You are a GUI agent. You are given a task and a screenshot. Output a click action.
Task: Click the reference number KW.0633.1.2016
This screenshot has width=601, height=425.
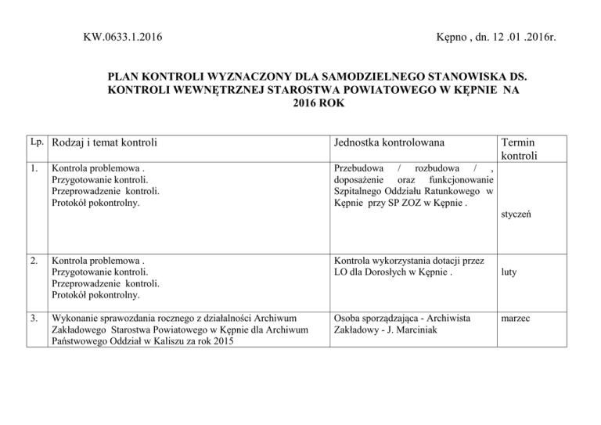pos(128,36)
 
